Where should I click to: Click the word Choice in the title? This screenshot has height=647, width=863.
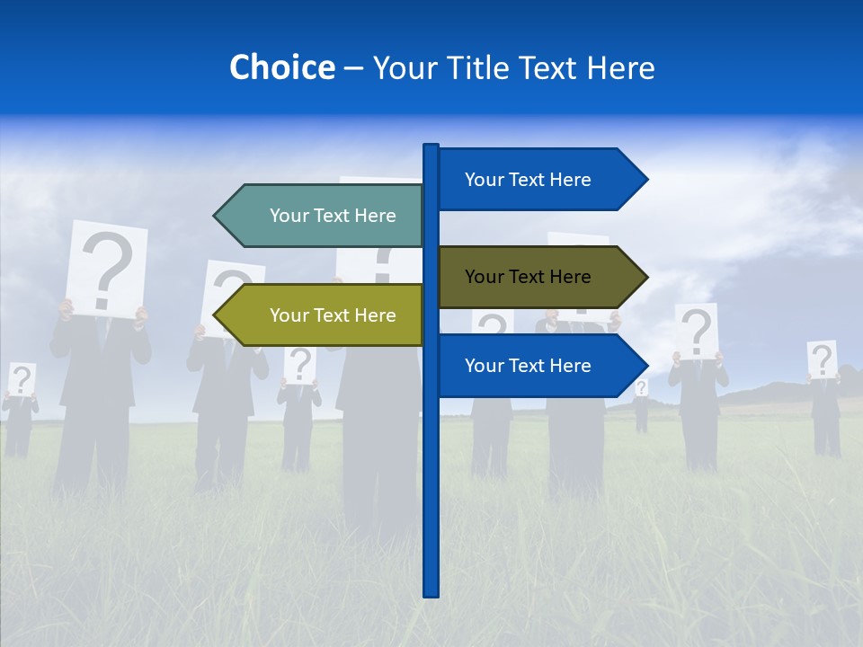point(281,67)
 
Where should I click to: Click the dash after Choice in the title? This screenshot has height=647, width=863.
point(353,68)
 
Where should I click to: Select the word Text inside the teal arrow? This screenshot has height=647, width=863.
point(333,216)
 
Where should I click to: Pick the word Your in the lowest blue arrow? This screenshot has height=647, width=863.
point(484,366)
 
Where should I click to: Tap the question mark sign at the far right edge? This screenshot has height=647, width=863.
point(822,359)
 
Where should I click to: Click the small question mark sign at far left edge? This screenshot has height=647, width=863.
point(22,379)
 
